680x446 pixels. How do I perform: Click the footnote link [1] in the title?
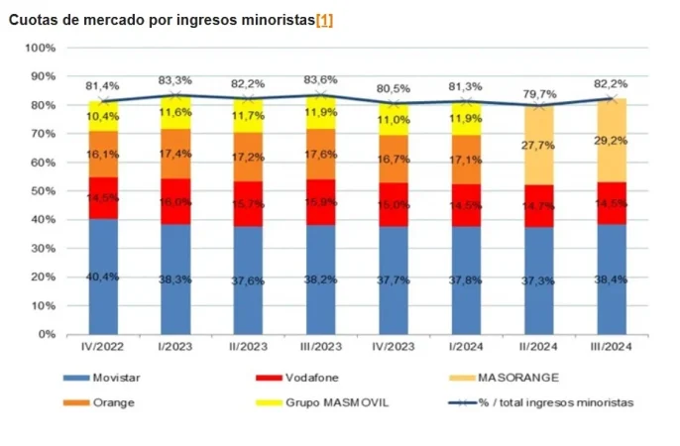click(324, 21)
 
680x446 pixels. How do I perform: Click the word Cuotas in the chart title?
click(32, 21)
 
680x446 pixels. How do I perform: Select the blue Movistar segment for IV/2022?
click(102, 277)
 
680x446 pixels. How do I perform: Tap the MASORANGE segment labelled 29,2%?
click(611, 140)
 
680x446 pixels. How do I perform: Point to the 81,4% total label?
click(101, 87)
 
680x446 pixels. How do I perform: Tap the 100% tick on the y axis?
click(39, 48)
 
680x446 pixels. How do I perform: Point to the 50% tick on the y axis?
click(41, 191)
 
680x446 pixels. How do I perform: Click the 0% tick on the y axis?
click(45, 334)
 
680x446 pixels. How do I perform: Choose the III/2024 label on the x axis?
click(611, 347)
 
